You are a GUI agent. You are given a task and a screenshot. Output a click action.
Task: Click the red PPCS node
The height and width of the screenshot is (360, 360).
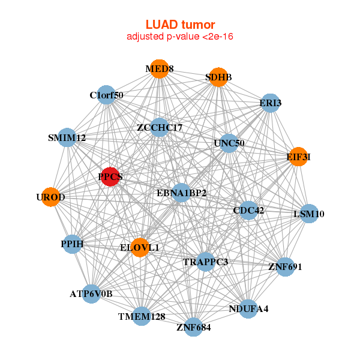click(x=110, y=176)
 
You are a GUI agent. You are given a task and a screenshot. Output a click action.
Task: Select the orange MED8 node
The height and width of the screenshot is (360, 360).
click(x=159, y=69)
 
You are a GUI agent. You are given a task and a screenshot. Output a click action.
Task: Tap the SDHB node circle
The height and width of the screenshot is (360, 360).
click(x=218, y=77)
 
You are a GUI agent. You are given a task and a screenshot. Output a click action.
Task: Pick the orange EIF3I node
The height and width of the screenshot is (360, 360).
click(x=298, y=157)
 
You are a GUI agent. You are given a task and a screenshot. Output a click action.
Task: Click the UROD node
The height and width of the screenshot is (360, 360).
click(x=51, y=197)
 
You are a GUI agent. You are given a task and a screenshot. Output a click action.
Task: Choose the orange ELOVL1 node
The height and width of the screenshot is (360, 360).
click(x=139, y=247)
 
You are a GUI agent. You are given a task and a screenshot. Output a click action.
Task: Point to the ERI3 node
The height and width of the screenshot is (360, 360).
click(x=271, y=103)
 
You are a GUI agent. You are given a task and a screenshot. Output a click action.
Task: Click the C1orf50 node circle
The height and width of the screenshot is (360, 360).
click(x=106, y=95)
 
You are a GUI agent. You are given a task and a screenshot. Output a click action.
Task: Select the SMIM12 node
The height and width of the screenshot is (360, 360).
click(x=67, y=138)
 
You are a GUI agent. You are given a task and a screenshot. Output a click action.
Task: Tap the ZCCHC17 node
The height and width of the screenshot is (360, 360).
click(x=159, y=127)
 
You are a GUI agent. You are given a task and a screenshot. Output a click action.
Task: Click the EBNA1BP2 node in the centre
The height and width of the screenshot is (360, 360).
click(x=181, y=193)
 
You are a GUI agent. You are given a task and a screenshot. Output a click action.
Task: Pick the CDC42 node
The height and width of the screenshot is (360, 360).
click(x=248, y=210)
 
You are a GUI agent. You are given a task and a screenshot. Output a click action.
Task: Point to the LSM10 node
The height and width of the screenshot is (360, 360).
click(x=309, y=214)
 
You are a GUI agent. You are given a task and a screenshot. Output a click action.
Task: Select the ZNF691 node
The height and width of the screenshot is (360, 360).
click(x=285, y=266)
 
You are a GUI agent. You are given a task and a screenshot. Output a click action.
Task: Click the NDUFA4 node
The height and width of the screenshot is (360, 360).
click(x=248, y=309)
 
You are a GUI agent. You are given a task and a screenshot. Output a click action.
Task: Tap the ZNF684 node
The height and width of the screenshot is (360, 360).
click(x=193, y=327)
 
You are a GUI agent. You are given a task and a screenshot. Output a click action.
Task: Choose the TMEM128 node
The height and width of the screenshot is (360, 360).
click(x=142, y=316)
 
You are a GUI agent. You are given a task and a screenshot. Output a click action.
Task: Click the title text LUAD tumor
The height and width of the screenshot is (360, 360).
click(x=180, y=25)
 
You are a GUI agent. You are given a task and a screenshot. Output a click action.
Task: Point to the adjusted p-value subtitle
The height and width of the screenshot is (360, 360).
click(x=180, y=37)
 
